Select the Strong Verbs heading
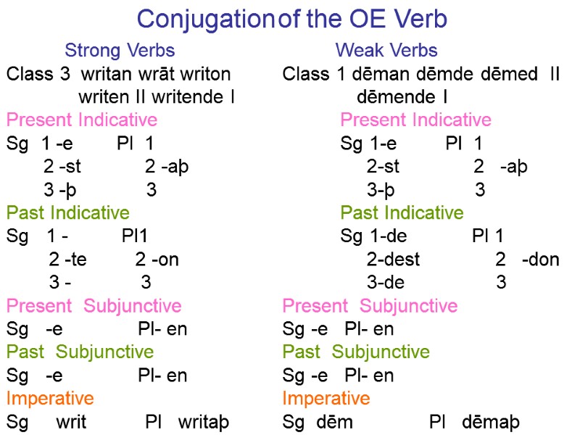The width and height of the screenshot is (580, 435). [x=120, y=51]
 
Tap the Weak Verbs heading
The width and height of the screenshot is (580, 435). [x=386, y=51]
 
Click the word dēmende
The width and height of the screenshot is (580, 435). [x=395, y=96]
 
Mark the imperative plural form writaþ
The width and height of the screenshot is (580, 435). [x=204, y=422]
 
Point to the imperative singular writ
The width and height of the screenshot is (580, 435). [x=72, y=422]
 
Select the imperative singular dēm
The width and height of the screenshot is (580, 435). [x=334, y=422]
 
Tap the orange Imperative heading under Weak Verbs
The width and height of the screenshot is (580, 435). [x=326, y=399]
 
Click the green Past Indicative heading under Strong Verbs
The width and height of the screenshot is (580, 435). [x=68, y=213]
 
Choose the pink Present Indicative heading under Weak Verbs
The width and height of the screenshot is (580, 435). [x=415, y=120]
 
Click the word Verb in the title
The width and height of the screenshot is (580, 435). [x=418, y=19]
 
